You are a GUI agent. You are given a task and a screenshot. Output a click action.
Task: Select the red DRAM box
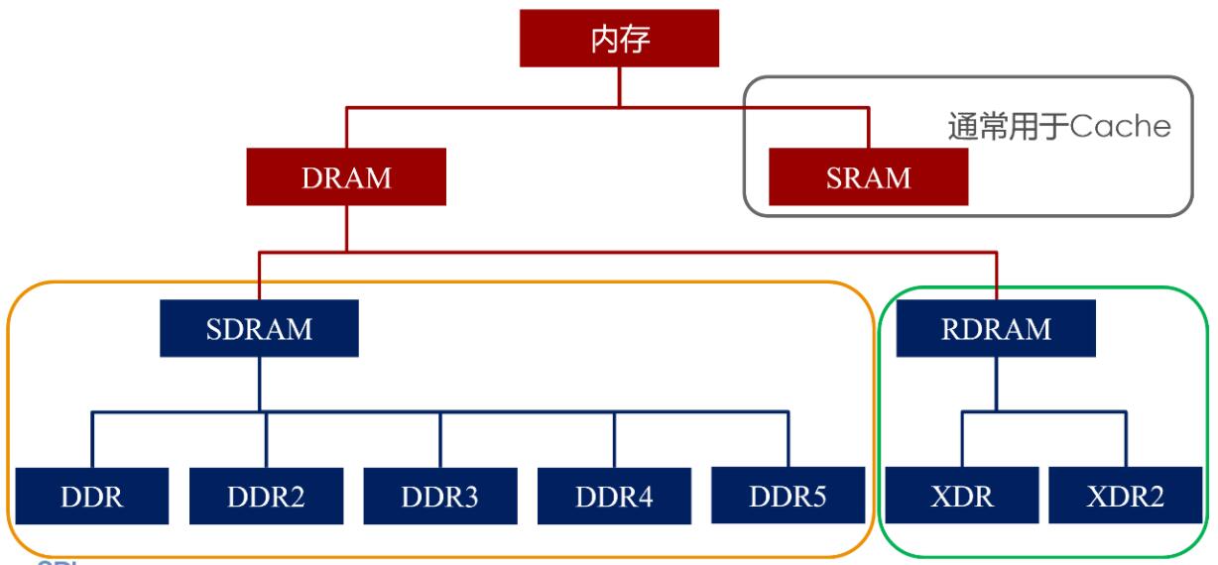click(x=346, y=178)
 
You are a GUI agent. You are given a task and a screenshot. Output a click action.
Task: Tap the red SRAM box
click(x=869, y=178)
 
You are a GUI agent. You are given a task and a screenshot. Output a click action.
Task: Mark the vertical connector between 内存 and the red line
click(x=621, y=86)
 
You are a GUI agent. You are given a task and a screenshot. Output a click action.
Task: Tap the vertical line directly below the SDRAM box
click(x=259, y=382)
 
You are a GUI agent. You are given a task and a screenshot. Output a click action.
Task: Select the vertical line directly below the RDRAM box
click(x=997, y=382)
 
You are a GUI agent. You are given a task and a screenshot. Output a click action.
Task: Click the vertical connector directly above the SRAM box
click(x=869, y=129)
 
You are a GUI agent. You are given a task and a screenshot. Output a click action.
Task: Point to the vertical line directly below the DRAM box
click(x=346, y=228)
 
